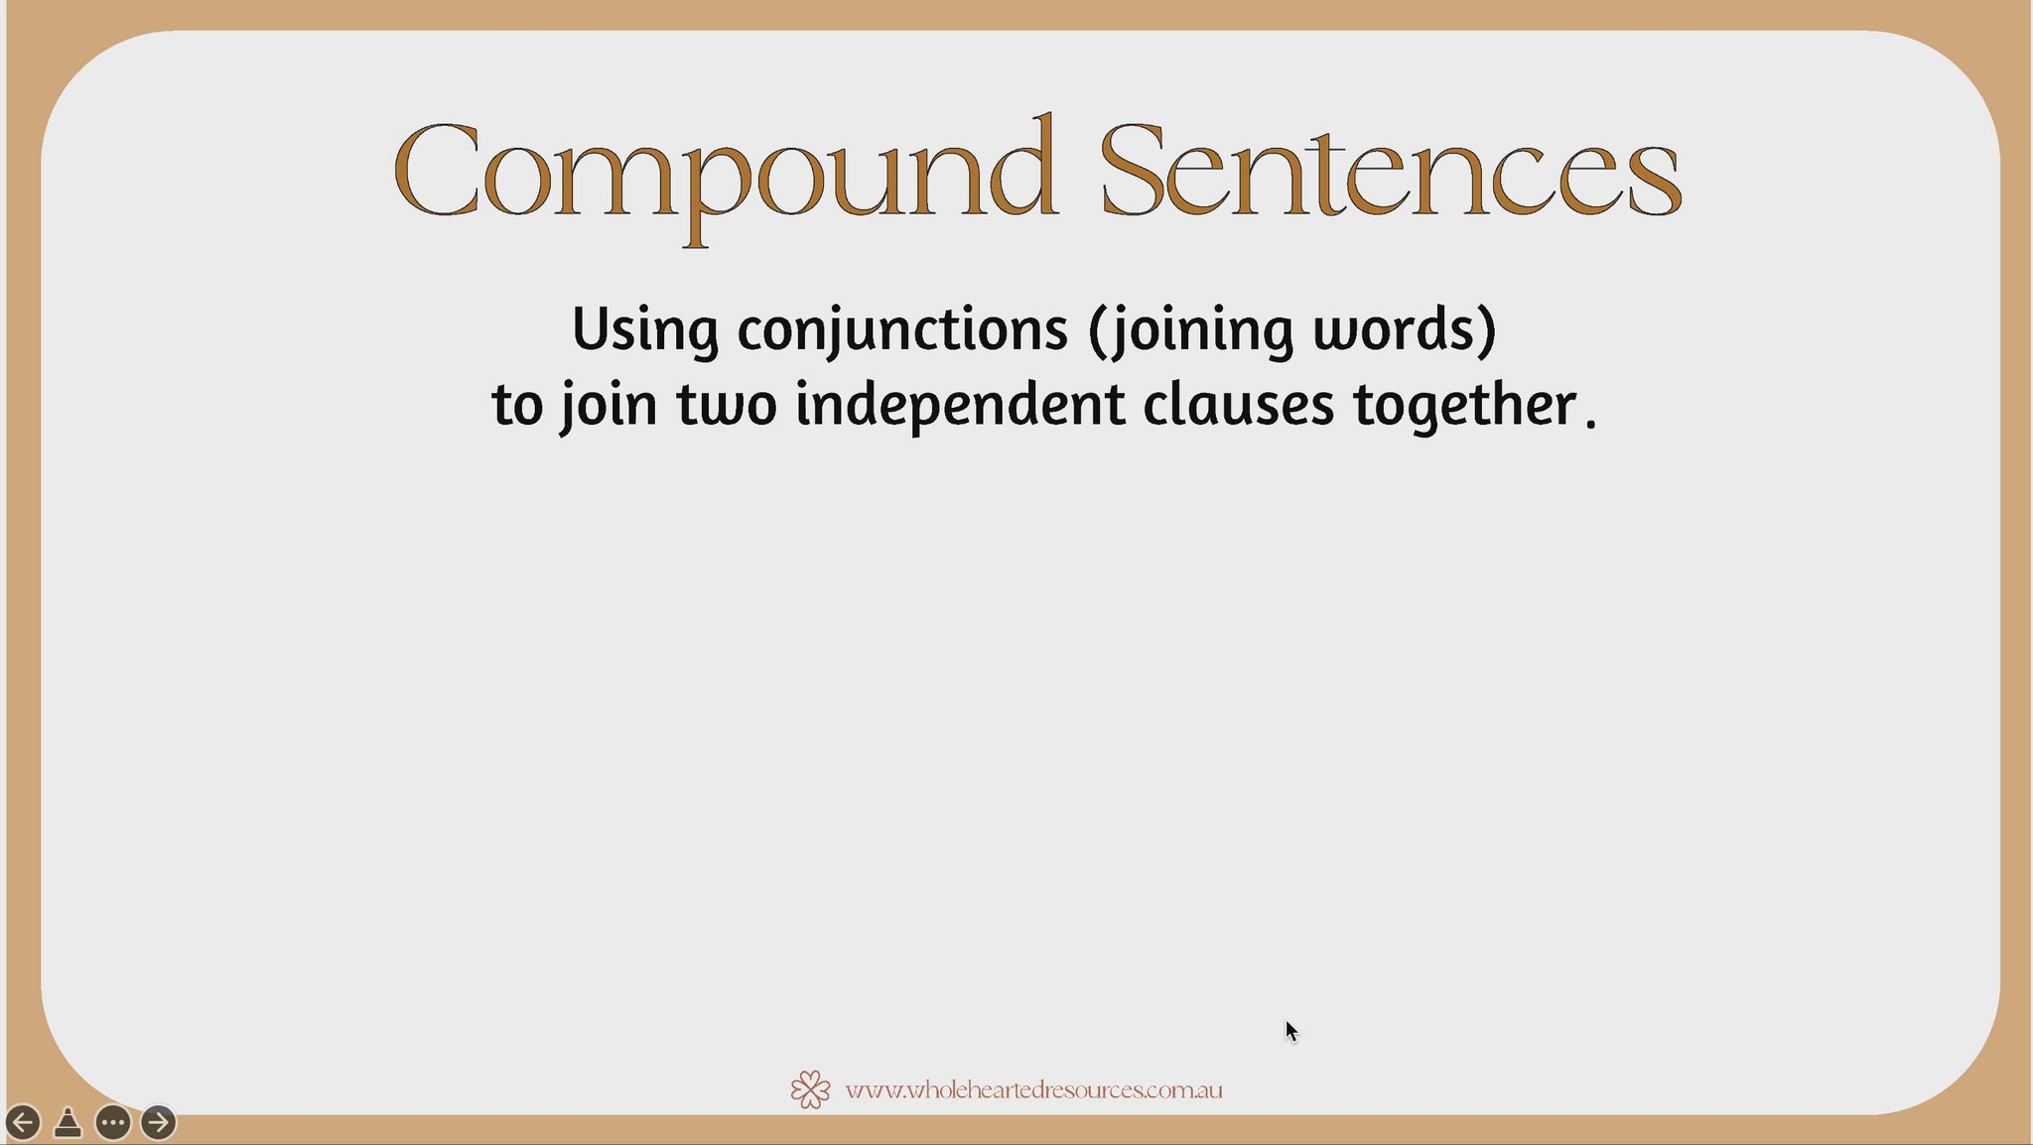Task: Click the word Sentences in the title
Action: [1391, 170]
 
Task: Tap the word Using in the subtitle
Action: [645, 330]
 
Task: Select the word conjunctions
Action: [902, 330]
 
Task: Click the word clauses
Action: [1239, 405]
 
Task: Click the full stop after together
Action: [1591, 424]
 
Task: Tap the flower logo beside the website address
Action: [811, 1089]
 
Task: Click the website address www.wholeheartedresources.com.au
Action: [1033, 1090]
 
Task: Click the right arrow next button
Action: [158, 1122]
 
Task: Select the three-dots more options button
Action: [113, 1122]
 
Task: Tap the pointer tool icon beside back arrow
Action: [68, 1123]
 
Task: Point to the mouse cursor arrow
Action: [1291, 1032]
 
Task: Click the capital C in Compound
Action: [437, 170]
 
